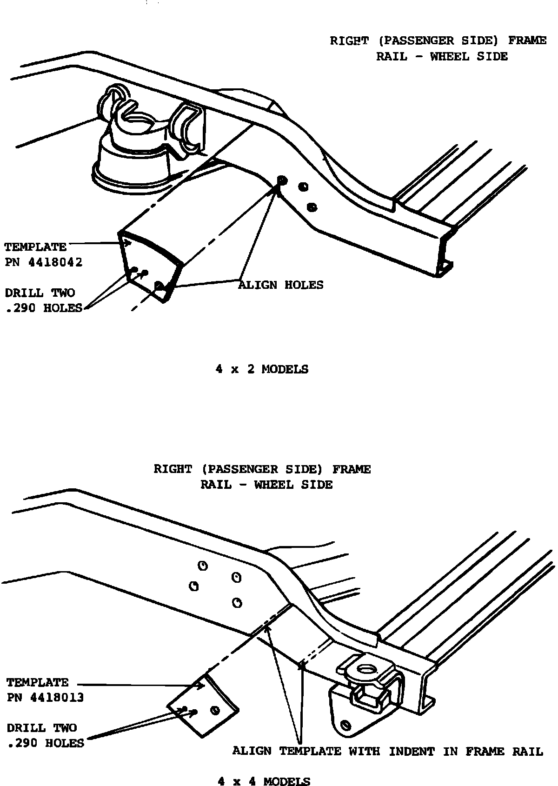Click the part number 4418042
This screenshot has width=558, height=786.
pos(55,262)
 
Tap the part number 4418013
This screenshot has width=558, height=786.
pos(57,698)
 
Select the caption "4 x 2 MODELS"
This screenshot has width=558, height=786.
pos(262,369)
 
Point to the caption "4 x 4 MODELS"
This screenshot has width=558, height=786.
pos(264,781)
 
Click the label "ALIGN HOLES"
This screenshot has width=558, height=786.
pos(281,285)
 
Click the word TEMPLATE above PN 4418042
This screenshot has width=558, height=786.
pos(35,247)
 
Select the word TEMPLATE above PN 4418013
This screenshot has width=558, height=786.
pos(37,683)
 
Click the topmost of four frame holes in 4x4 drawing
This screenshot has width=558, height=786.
pos(203,566)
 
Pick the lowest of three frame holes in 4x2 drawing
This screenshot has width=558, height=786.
pos(312,206)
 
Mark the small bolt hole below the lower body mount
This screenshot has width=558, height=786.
pos(345,725)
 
